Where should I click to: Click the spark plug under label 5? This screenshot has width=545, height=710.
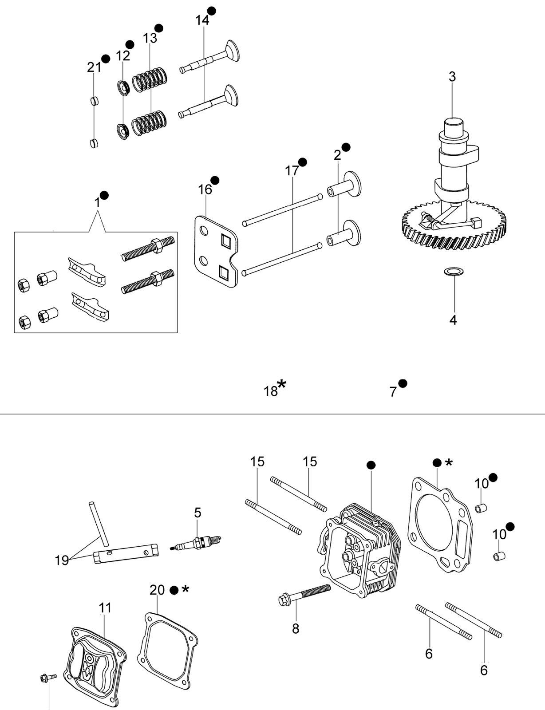[x=196, y=543]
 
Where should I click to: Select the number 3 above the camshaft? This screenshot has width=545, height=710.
[x=452, y=77]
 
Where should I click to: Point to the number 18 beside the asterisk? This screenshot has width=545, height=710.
[x=271, y=391]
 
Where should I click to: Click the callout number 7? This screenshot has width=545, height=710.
[x=393, y=392]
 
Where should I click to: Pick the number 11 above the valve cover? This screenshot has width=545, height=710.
[x=105, y=608]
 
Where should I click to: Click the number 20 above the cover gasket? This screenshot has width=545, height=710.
[x=157, y=590]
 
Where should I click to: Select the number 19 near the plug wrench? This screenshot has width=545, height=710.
[x=62, y=561]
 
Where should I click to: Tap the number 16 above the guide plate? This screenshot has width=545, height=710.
[x=205, y=189]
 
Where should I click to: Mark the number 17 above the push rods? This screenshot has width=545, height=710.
[x=292, y=170]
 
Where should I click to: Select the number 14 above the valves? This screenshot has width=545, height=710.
[x=202, y=20]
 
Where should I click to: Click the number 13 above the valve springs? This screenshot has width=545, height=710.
[x=150, y=38]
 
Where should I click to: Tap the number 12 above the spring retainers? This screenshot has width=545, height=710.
[x=123, y=56]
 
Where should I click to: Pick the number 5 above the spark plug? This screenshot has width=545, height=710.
[x=197, y=513]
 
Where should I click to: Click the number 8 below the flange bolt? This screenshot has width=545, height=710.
[x=296, y=628]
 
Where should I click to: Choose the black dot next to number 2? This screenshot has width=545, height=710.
[x=346, y=147]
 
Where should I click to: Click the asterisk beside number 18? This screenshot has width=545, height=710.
[x=281, y=384]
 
